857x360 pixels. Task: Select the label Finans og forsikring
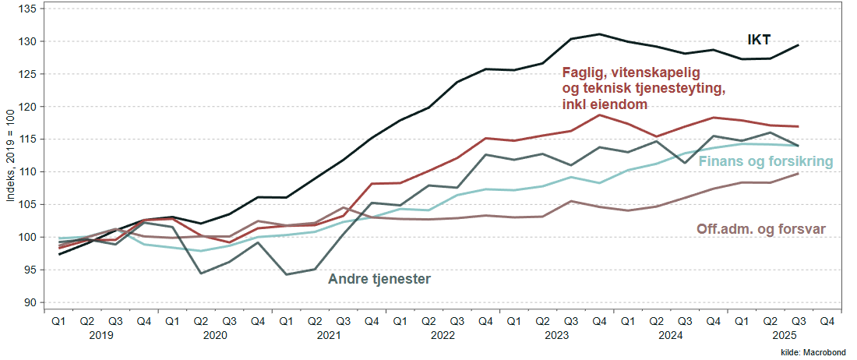tap(766, 162)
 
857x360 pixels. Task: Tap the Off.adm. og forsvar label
tap(760, 229)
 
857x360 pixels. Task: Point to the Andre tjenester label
tap(379, 278)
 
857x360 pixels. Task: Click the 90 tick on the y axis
tap(28, 302)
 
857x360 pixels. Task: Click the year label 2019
tap(101, 335)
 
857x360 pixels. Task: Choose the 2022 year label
tap(443, 335)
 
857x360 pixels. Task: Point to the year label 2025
tap(785, 335)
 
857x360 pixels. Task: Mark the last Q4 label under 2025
tap(827, 320)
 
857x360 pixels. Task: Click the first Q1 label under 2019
tap(59, 320)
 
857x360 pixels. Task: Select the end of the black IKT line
tap(799, 45)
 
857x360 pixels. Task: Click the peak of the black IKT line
tap(599, 34)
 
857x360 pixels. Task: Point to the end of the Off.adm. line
tap(799, 173)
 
